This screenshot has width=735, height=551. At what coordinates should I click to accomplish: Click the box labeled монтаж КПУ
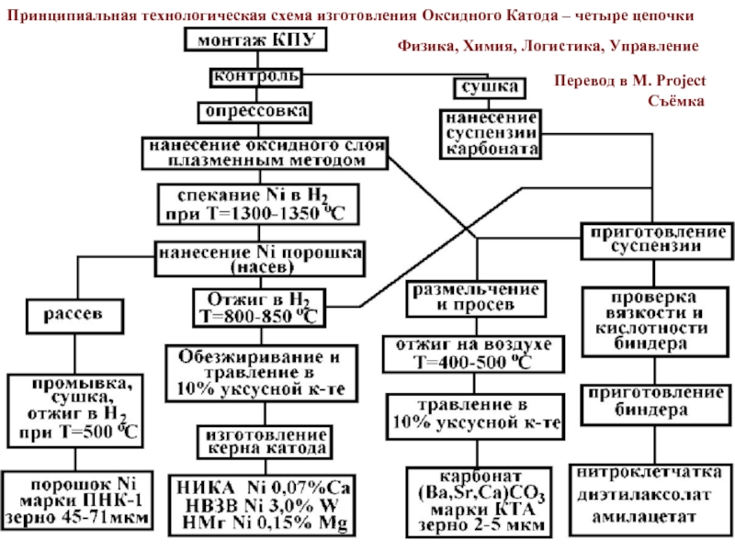(x=255, y=39)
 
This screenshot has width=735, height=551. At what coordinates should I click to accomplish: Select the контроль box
(x=256, y=77)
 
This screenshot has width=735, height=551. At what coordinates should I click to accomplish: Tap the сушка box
(x=490, y=87)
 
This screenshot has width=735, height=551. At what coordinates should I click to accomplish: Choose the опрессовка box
(x=254, y=112)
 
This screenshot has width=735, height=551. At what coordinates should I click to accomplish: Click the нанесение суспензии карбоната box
(x=491, y=134)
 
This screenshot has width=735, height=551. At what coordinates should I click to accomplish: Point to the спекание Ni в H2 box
(x=258, y=204)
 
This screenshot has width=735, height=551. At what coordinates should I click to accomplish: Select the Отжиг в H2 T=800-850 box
(x=259, y=308)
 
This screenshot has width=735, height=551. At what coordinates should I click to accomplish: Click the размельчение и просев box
(x=476, y=298)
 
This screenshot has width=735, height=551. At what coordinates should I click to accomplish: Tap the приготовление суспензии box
(x=657, y=241)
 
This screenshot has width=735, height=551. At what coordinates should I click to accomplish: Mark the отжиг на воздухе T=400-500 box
(x=473, y=354)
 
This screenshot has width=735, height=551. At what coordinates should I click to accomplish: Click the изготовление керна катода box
(x=265, y=442)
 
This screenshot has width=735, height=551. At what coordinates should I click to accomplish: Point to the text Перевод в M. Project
(x=629, y=81)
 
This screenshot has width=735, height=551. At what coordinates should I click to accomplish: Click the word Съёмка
(x=676, y=101)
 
